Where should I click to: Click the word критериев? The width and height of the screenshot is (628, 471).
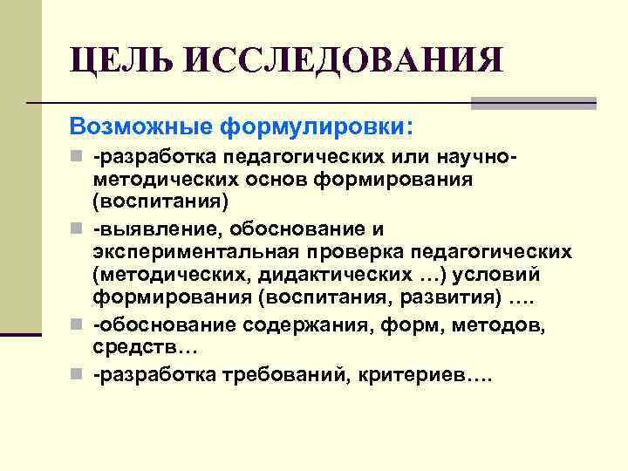pyautogui.click(x=427, y=374)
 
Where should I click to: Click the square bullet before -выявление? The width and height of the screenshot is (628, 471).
pyautogui.click(x=81, y=229)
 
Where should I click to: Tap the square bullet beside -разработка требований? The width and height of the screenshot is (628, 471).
pyautogui.click(x=81, y=376)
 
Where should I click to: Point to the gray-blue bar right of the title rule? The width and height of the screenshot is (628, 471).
pyautogui.click(x=533, y=103)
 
